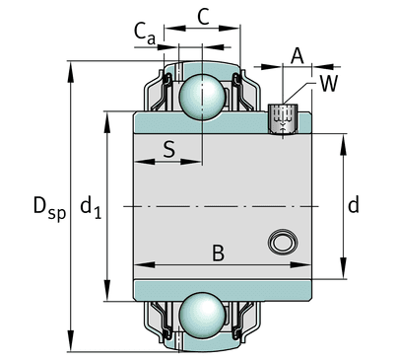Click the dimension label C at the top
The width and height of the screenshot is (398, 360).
click(x=204, y=17)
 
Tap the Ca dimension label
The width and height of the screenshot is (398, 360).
click(x=145, y=35)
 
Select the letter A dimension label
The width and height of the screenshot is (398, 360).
click(x=298, y=56)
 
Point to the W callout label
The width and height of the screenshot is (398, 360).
click(x=329, y=84)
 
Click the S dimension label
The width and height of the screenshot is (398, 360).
click(x=169, y=149)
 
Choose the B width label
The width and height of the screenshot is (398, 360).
click(x=218, y=253)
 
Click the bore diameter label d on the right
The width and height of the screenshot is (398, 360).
click(x=354, y=205)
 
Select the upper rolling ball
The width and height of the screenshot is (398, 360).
click(x=202, y=97)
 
